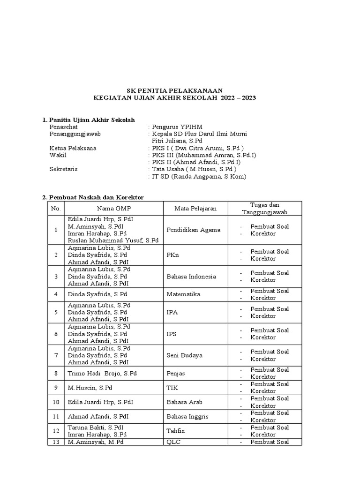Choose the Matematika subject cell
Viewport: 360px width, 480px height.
[x=184, y=294]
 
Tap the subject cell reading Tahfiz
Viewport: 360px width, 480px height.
[x=175, y=431]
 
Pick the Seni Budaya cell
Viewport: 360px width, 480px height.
[x=185, y=355]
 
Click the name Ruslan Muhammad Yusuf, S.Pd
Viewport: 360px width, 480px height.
[x=113, y=240]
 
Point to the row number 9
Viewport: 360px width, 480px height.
[x=56, y=388]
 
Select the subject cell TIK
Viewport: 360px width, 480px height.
[x=172, y=388]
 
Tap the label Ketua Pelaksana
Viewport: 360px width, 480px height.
[x=73, y=148]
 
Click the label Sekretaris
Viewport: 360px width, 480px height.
[x=64, y=169]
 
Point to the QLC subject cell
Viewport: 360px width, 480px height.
[x=173, y=442]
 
